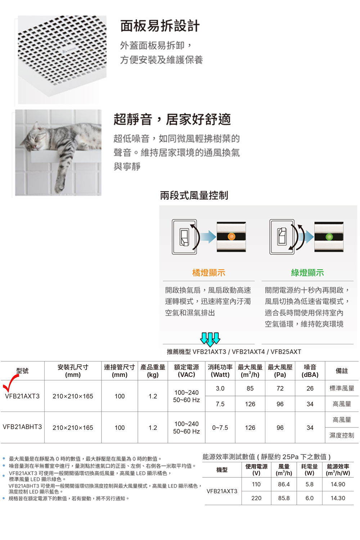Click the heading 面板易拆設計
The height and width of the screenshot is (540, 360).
(x=160, y=26)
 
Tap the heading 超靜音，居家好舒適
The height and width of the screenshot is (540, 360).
(x=172, y=119)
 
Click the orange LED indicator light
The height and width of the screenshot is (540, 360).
(x=231, y=236)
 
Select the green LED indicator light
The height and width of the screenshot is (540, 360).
(x=329, y=237)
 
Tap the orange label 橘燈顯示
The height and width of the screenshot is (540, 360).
(x=208, y=273)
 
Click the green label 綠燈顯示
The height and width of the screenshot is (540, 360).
(x=307, y=273)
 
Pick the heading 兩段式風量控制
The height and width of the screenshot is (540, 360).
(x=194, y=195)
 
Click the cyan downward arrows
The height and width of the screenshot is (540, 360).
(x=210, y=339)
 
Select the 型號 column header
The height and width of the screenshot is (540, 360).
(x=22, y=371)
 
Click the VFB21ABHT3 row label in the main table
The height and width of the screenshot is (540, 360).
(x=22, y=427)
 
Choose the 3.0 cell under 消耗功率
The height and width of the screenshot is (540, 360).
(x=220, y=388)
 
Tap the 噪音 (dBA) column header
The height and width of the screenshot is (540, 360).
(x=310, y=371)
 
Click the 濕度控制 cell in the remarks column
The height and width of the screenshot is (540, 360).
(x=342, y=435)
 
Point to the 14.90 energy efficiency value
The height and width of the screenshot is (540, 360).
(x=338, y=484)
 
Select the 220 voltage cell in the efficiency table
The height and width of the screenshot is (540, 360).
(x=256, y=498)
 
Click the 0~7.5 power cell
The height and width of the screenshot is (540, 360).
(x=220, y=428)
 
